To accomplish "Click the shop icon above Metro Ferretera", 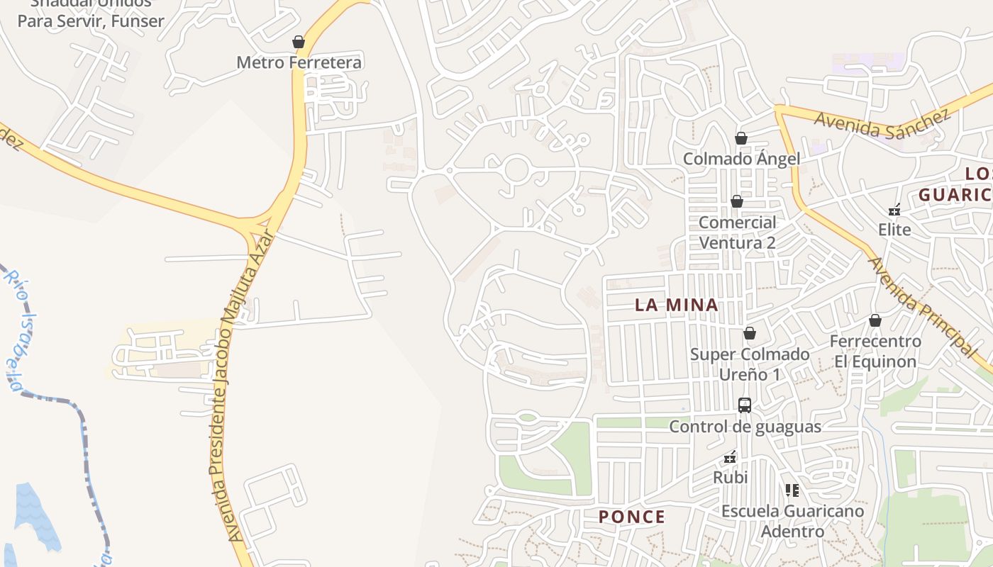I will pos(299,43).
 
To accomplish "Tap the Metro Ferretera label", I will pos(299,62).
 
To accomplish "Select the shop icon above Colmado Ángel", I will pos(741,138).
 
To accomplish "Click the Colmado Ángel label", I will pos(741,159).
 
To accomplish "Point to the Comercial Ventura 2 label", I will pos(738,232).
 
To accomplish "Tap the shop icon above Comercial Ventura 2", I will pos(737,202).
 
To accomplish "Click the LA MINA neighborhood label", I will pos(676,305).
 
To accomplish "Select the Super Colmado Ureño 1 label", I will pos(750,364).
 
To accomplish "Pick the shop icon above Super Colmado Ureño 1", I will pos(750,333).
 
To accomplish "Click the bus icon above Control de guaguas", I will pos(745,405).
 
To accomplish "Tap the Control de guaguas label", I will pos(745,427).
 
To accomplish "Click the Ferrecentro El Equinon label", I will pos(875,352).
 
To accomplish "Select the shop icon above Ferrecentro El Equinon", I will pos(875,320).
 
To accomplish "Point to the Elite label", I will pos(894,230).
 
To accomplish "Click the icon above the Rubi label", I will pos(730,458).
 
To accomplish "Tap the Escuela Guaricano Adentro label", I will pos(792,521).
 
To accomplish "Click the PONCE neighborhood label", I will pos(632,517).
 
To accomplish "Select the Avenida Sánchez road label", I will pos(881,123).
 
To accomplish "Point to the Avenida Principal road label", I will pos(922,305).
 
